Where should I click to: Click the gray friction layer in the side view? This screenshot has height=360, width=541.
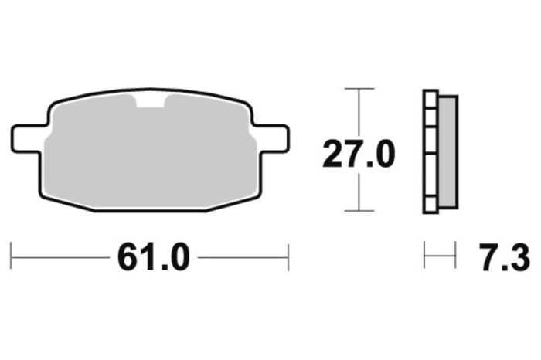[447, 151]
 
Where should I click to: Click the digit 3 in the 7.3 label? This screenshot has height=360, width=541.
[519, 257]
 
